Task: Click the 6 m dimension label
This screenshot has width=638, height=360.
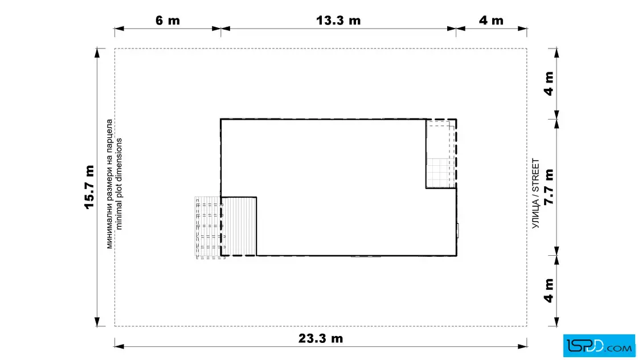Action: point(167,21)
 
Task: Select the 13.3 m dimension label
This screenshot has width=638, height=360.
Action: point(338,21)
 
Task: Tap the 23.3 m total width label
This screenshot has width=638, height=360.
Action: point(321,338)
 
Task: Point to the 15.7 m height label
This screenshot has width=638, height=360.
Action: point(89,187)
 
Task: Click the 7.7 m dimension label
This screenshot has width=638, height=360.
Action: point(549,187)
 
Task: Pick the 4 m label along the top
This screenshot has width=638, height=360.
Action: point(490,21)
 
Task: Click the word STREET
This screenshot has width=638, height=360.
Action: point(535,175)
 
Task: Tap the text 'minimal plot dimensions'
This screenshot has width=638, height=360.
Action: point(119,184)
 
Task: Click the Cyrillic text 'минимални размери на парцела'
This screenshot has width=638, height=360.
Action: point(109,184)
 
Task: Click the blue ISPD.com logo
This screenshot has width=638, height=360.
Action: point(599,346)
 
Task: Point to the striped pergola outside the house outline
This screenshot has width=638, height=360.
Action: point(208,227)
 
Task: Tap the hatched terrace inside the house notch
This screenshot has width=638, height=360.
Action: point(239,226)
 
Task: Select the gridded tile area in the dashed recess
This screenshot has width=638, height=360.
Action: point(439,173)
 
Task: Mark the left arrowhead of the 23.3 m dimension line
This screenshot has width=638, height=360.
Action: point(119,346)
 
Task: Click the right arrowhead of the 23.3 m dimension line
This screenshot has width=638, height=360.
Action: point(522,346)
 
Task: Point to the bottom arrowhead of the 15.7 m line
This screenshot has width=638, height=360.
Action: point(97,322)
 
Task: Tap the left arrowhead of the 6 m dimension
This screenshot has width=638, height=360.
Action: point(119,28)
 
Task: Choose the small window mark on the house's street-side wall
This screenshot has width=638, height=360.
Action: point(458,231)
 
